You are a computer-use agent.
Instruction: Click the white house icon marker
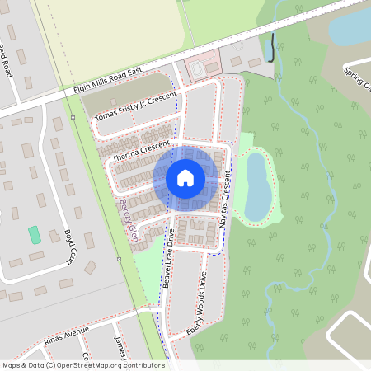coord(185,177)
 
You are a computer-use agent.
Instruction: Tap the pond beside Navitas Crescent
coord(256,186)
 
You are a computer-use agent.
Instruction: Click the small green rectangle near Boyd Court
coord(35,234)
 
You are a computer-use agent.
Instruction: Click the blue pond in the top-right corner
coord(350,25)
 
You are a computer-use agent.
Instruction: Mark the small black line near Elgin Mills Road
coord(272,47)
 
